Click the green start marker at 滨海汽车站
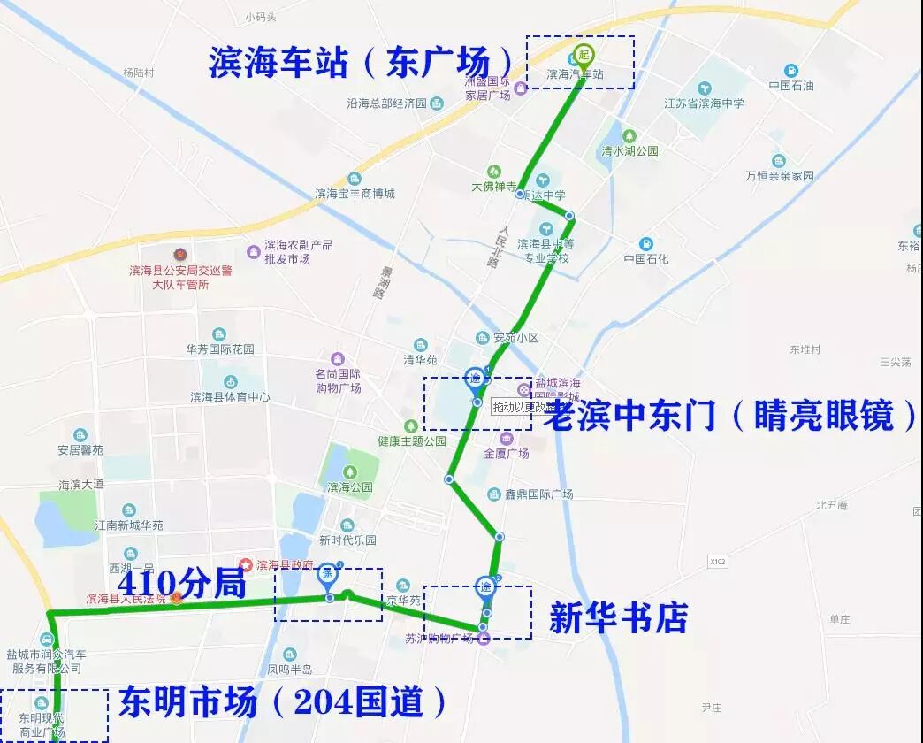click(x=584, y=54)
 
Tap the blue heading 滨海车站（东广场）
click(x=361, y=63)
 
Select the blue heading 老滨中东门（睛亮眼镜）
click(x=730, y=415)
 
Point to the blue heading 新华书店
click(x=618, y=618)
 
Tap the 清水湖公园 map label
click(x=629, y=150)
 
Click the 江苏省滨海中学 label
click(x=704, y=103)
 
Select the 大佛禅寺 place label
click(x=493, y=187)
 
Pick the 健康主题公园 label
click(x=412, y=440)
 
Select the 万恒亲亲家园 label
click(x=779, y=175)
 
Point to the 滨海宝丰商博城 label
click(x=355, y=193)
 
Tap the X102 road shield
click(x=717, y=561)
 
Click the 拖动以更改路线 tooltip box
click(x=521, y=407)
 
